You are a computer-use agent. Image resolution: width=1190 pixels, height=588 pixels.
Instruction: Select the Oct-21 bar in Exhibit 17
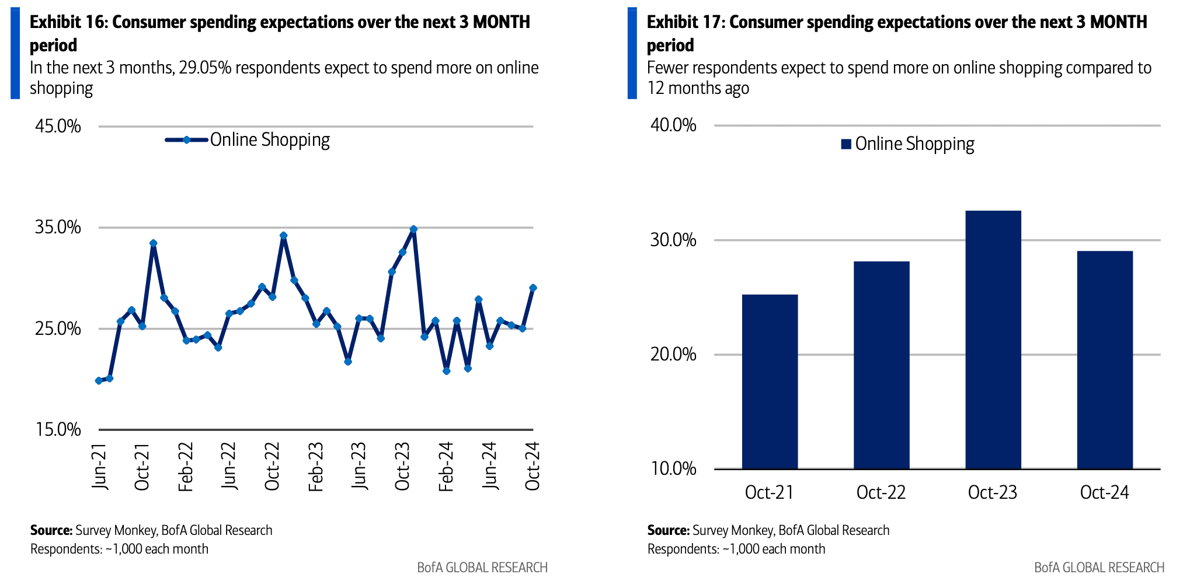[x=770, y=381]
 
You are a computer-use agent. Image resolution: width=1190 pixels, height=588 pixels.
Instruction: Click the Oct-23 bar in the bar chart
[x=993, y=339]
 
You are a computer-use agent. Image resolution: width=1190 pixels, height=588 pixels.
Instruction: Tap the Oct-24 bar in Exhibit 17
[x=1104, y=360]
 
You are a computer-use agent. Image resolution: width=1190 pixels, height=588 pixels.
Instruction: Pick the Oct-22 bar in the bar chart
[x=881, y=365]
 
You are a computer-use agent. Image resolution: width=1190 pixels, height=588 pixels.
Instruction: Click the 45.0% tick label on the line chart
[x=58, y=126]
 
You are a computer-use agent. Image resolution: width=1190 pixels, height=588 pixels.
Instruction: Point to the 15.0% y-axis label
[x=58, y=430]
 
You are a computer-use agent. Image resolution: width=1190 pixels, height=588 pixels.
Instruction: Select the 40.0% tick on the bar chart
[x=673, y=125]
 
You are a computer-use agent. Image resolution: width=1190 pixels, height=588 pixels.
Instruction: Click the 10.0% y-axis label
[x=673, y=468]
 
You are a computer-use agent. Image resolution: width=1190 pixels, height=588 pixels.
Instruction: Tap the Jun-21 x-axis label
[x=100, y=467]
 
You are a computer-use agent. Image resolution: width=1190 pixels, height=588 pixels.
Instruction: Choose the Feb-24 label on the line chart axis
[x=446, y=467]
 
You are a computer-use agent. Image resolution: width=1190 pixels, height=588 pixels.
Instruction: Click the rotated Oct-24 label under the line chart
[x=533, y=467]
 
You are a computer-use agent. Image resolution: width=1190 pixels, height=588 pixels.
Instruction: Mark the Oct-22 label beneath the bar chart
[x=881, y=492]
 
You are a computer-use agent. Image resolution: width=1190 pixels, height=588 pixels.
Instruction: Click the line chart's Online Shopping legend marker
[x=186, y=140]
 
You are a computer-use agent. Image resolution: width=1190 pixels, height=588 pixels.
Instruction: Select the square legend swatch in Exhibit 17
[x=845, y=144]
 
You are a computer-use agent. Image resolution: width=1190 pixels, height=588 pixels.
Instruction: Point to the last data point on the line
[x=533, y=288]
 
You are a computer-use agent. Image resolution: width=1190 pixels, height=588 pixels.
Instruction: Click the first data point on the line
[x=99, y=381]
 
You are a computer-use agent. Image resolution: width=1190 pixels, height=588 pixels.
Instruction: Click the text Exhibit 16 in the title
[x=67, y=22]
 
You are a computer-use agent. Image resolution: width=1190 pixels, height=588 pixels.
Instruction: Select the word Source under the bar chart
[x=668, y=530]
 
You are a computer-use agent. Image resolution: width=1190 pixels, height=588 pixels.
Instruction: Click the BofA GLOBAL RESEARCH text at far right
[x=1099, y=568]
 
